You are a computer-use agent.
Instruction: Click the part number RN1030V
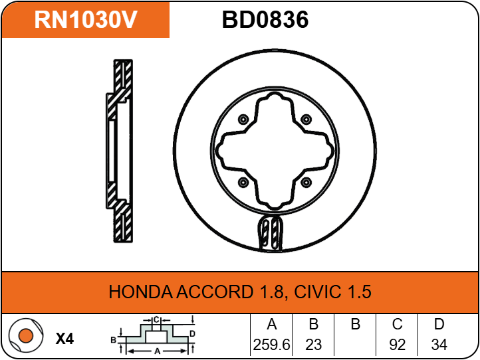pyautogui.click(x=86, y=20)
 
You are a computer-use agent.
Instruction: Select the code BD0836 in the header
pyautogui.click(x=265, y=20)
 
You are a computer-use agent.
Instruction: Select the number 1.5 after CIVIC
pyautogui.click(x=358, y=292)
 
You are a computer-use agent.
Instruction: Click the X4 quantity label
pyautogui.click(x=64, y=339)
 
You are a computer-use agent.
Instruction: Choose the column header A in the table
pyautogui.click(x=271, y=325)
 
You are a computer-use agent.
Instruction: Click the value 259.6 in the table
pyautogui.click(x=271, y=345)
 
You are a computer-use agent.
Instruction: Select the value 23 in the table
pyautogui.click(x=314, y=345)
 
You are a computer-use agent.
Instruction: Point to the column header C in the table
pyautogui.click(x=398, y=325)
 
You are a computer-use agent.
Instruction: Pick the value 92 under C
pyautogui.click(x=398, y=345)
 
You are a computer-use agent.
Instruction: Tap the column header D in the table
pyautogui.click(x=439, y=325)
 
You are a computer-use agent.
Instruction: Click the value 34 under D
pyautogui.click(x=439, y=345)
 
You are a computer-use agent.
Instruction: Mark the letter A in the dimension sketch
pyautogui.click(x=156, y=349)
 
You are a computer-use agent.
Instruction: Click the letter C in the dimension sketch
pyautogui.click(x=156, y=320)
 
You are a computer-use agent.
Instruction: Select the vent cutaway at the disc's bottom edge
pyautogui.click(x=271, y=234)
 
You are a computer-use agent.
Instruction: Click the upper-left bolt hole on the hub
pyautogui.click(x=242, y=120)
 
